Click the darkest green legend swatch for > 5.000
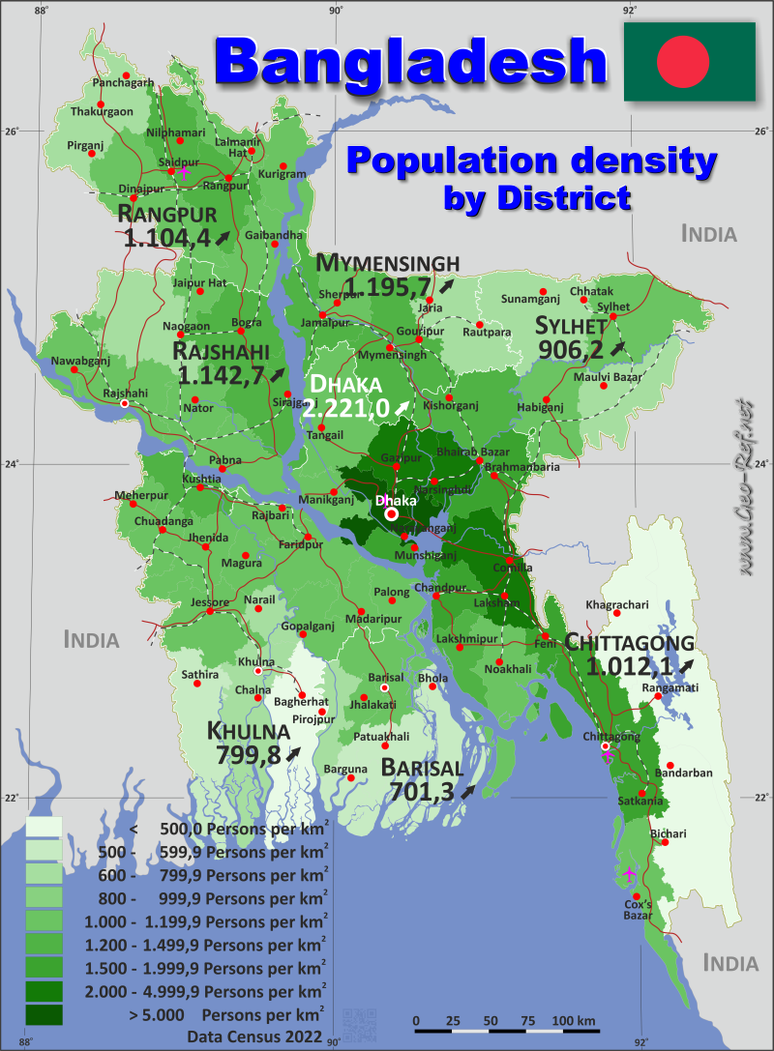pos(44,1014)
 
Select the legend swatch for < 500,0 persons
pos(44,828)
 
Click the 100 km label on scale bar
pos(575,1021)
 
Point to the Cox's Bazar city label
pos(638,908)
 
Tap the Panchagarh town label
pos(123,83)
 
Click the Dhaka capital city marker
pos(392,514)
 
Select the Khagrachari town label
pos(616,605)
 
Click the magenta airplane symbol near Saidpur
pos(183,172)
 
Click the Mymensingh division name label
pos(387,263)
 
